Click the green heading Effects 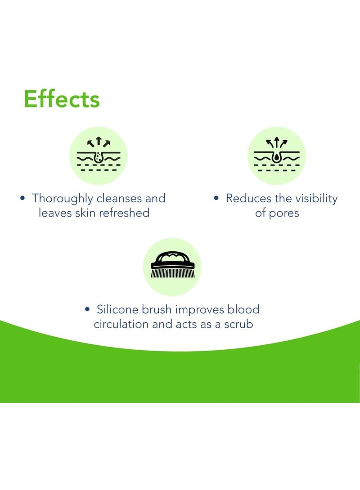[62, 99]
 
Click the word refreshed [124, 213]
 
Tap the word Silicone [118, 309]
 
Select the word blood [243, 309]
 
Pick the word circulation [121, 324]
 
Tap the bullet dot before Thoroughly [22, 198]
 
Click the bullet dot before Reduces [216, 198]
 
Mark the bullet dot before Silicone [87, 309]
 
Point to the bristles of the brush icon [173, 273]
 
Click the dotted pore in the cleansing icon [99, 157]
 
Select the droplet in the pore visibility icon [276, 157]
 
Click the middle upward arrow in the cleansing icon [99, 141]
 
